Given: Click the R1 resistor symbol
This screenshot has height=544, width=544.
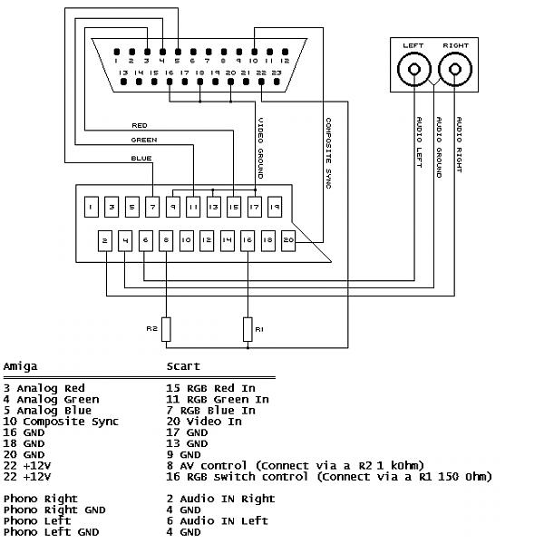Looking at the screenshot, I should tap(247, 329).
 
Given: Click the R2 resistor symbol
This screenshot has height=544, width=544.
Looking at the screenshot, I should tap(166, 329).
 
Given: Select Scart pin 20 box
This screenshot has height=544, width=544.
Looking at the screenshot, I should tap(288, 240).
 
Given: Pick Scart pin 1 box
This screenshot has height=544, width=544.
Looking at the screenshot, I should tap(92, 207).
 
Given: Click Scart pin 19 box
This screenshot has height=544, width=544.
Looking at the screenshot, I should tap(275, 207).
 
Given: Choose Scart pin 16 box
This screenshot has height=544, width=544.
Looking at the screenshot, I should tap(248, 240).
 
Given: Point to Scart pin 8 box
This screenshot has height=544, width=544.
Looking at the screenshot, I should tap(166, 240).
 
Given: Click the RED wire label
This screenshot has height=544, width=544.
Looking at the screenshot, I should tap(140, 125).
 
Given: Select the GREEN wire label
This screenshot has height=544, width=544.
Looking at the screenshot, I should tap(144, 141).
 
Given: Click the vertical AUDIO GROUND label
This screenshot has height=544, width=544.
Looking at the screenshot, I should tap(440, 144).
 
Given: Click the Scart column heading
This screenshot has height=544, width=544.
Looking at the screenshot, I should tap(183, 367).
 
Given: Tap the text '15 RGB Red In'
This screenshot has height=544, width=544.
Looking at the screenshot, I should tap(211, 389).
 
